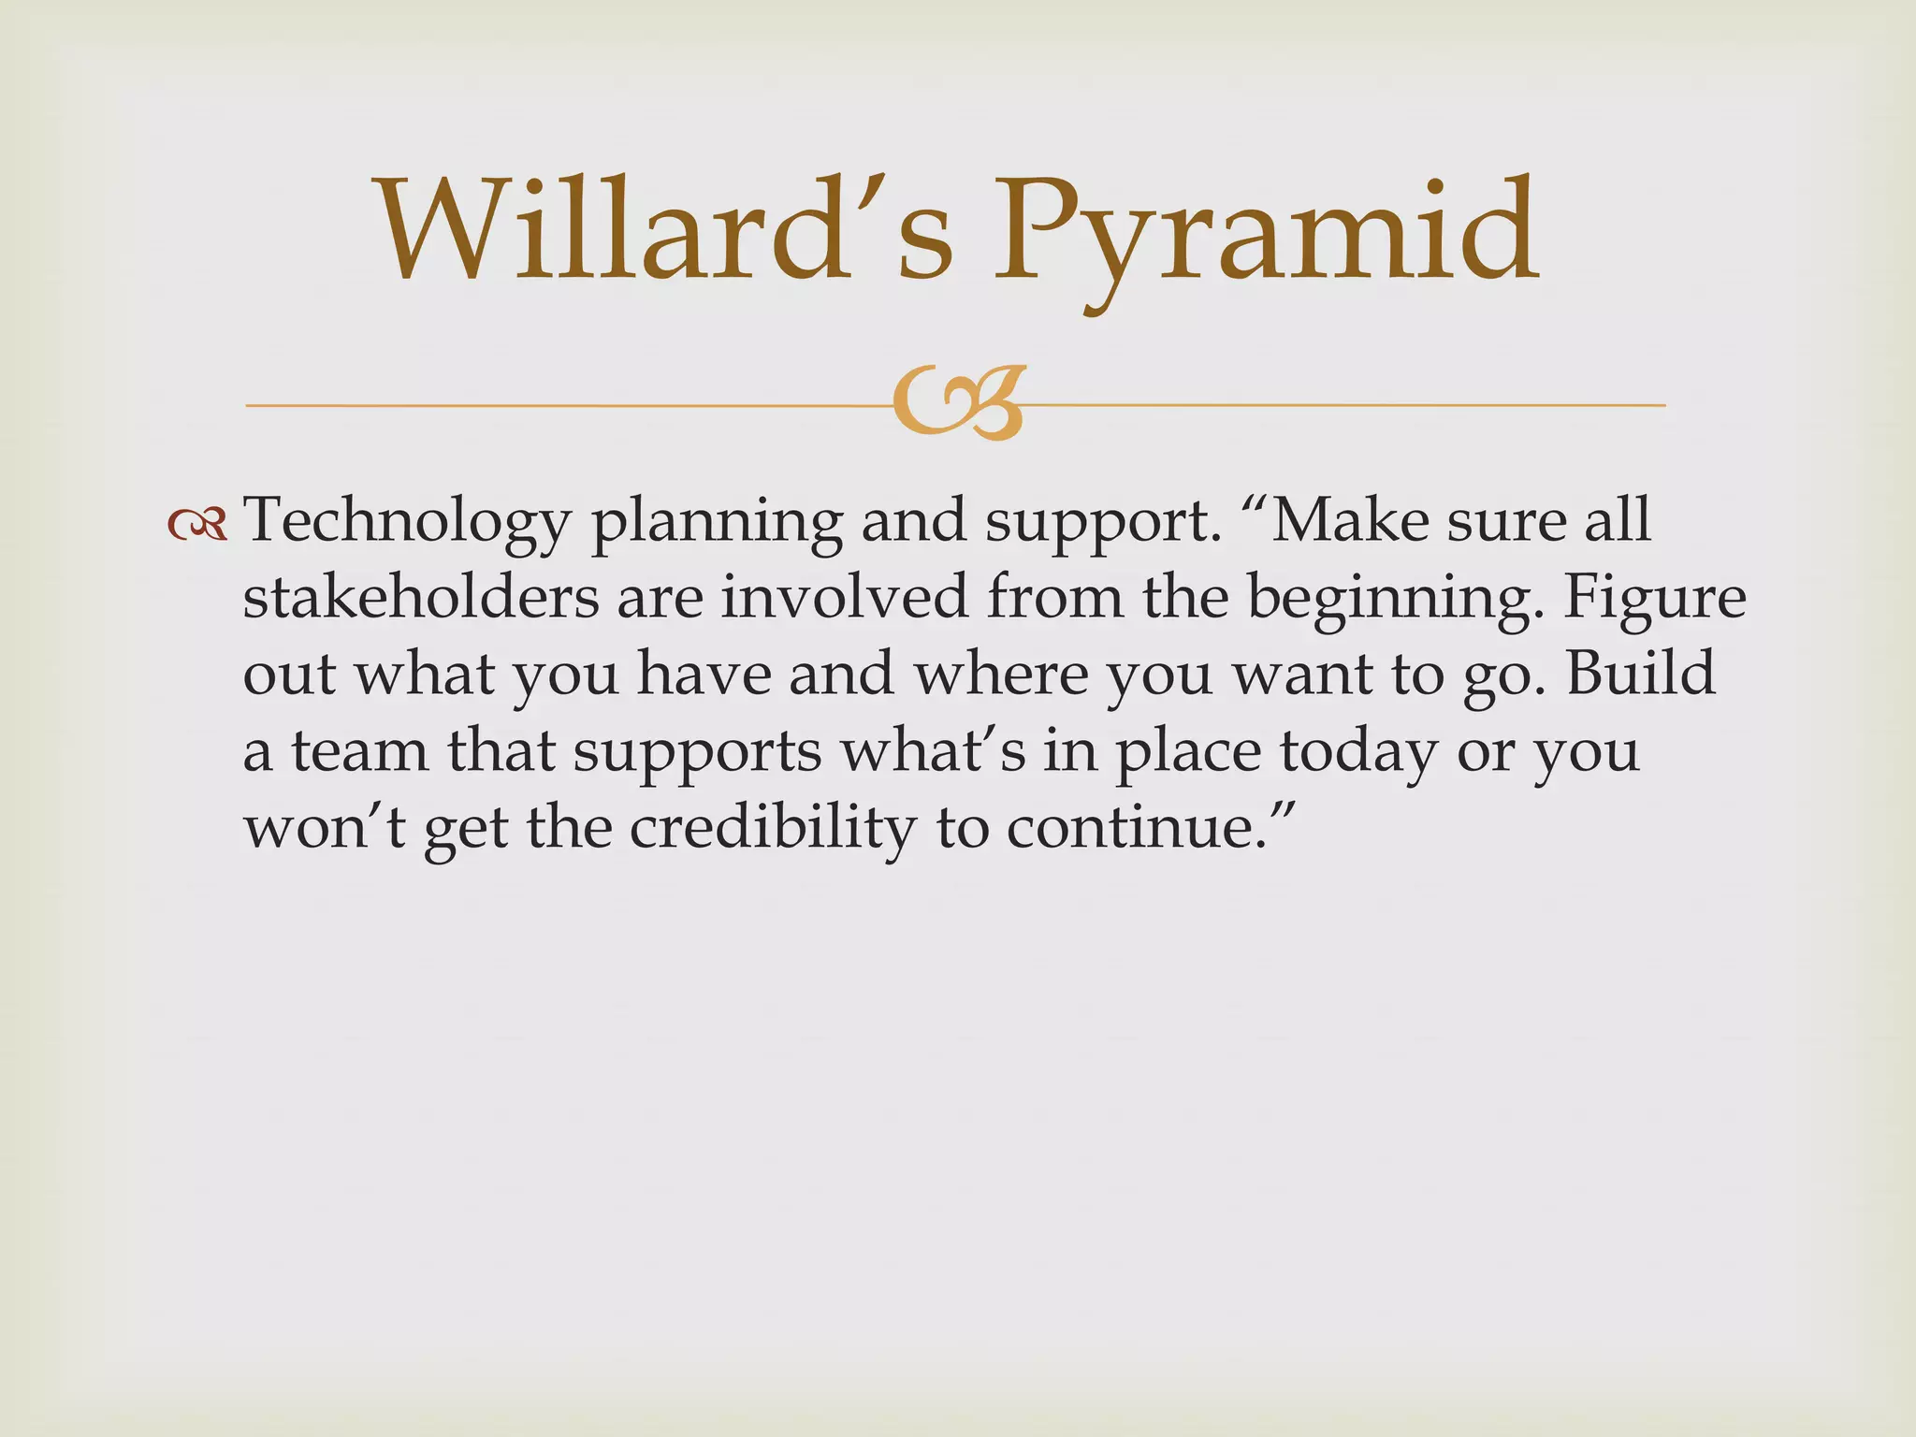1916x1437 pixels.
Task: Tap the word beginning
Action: click(x=1394, y=599)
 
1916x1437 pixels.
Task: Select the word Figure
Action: click(x=1654, y=599)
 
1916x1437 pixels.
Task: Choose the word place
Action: click(x=1188, y=752)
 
